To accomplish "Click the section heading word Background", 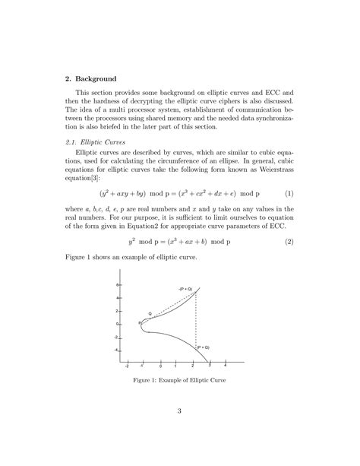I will [95, 78].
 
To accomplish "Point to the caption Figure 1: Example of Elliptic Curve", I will [180, 379].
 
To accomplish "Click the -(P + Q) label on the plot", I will [185, 290].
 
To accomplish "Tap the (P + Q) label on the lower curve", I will [202, 347].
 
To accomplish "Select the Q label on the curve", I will [150, 312].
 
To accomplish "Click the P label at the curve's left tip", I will [140, 322].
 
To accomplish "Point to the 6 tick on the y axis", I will [118, 284].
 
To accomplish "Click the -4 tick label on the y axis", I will [117, 350].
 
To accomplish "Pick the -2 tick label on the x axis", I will [127, 366].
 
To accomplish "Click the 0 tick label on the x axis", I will [160, 366].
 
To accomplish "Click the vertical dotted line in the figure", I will [196, 319].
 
